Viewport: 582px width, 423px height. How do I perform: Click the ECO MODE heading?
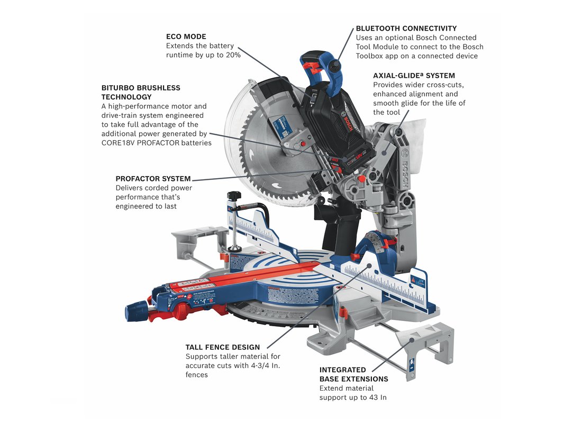tap(186, 36)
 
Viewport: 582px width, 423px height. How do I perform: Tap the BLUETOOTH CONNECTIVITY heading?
tap(406, 28)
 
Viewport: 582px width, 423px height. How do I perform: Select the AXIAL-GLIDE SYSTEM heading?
tap(414, 75)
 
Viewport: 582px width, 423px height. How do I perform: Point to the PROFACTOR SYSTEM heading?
tap(153, 179)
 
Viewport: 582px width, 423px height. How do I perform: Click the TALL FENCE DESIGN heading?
tap(223, 347)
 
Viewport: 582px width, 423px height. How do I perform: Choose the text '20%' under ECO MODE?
tap(233, 55)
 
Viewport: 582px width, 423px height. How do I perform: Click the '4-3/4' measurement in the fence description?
tap(257, 365)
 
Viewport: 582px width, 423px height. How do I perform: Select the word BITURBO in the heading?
tap(118, 88)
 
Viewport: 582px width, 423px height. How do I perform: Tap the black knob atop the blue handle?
tap(334, 66)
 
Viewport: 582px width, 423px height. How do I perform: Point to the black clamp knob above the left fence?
tap(234, 195)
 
